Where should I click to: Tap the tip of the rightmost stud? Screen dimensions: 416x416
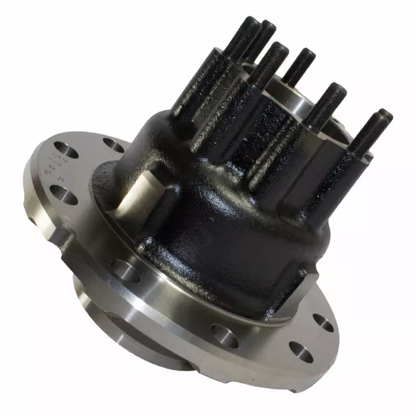385,115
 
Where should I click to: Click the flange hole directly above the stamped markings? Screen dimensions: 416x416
64,147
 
